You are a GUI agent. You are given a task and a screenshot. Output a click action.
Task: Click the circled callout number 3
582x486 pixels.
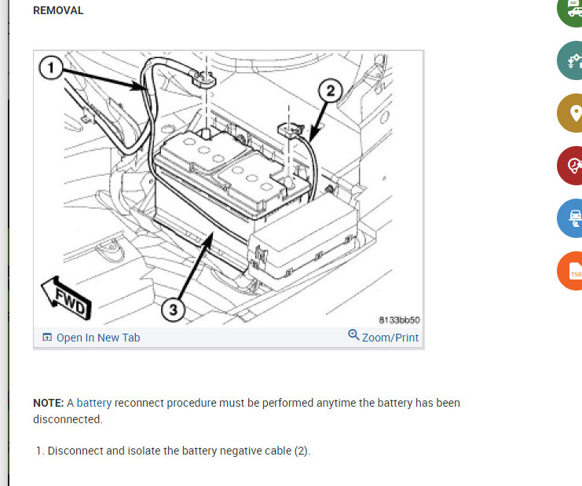point(174,309)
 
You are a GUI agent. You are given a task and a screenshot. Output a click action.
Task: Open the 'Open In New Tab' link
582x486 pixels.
point(98,338)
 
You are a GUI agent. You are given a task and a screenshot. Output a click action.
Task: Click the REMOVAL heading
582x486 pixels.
point(58,11)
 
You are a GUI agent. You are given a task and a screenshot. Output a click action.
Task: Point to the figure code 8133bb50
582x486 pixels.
point(399,320)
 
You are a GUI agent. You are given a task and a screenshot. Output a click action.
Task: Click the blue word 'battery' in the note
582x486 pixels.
point(94,403)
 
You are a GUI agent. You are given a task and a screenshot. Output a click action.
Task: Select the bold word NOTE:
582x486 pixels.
point(48,403)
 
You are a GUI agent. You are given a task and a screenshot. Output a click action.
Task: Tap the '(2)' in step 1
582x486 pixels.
point(301,451)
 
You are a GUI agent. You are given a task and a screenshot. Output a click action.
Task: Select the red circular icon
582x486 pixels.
point(574,166)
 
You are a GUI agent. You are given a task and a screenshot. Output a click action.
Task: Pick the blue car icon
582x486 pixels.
point(574,218)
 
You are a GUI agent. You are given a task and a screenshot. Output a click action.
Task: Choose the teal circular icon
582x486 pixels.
point(574,60)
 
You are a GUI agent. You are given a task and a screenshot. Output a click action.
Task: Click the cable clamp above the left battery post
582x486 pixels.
point(203,79)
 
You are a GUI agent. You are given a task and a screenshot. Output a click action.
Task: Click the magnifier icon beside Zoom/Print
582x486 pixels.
point(353,335)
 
